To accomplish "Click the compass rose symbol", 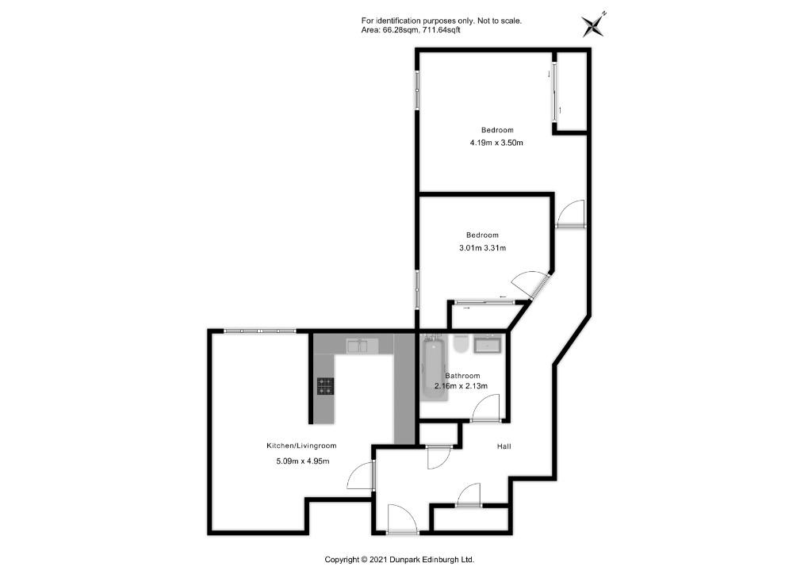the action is [x=593, y=25].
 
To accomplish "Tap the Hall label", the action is [x=504, y=446].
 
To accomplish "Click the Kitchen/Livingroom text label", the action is [x=301, y=446].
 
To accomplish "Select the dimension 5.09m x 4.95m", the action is [x=303, y=461].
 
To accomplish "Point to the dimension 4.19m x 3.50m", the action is [x=496, y=143].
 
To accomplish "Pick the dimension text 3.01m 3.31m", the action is [x=483, y=248].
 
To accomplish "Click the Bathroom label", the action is [x=462, y=376].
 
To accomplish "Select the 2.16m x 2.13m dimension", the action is [x=461, y=386].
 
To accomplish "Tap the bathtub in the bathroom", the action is [x=434, y=368].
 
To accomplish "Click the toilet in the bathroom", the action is [x=461, y=343].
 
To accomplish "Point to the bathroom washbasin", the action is [x=488, y=343].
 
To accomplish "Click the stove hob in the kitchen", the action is [x=325, y=386].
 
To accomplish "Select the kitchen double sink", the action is [x=362, y=345].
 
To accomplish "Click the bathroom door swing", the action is [x=485, y=408].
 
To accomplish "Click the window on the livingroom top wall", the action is [x=260, y=331].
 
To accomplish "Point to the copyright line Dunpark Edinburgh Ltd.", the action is [x=400, y=560].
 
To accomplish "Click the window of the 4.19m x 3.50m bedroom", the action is [x=417, y=90].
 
